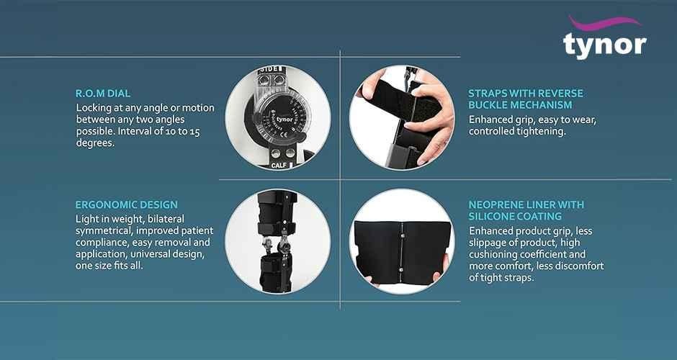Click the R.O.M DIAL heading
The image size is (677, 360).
tap(103, 94)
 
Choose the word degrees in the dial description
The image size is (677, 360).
tap(95, 143)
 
